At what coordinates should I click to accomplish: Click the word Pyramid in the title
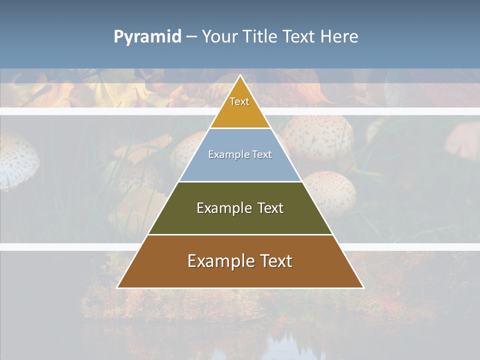147,37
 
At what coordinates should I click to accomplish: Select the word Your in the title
220,36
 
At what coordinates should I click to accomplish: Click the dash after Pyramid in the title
191,37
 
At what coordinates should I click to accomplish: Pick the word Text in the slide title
299,36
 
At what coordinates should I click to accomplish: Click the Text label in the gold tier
239,101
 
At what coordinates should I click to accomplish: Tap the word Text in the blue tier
262,154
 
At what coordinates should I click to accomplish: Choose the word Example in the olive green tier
223,208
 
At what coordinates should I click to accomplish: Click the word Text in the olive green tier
270,208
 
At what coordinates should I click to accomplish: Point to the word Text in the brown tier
275,261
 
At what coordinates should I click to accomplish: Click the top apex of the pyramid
240,75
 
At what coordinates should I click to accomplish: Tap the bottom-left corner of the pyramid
117,287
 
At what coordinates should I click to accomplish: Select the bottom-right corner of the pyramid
363,287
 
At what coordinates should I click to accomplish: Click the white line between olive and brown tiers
240,234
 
